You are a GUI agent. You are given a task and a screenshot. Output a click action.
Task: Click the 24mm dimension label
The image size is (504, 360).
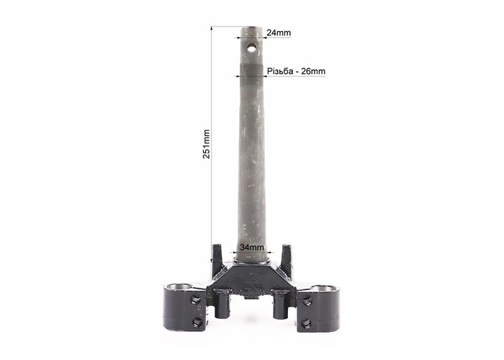tap(279, 33)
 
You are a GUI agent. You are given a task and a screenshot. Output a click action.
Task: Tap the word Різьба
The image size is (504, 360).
tap(280, 71)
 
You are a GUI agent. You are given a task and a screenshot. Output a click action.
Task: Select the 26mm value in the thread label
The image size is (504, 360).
tap(313, 71)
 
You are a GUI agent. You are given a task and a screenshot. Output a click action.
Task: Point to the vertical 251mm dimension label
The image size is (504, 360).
tap(207, 144)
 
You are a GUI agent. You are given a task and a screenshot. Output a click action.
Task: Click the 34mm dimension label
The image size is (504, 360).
tap(252, 247)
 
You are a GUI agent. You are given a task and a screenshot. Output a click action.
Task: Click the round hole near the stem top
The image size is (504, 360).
tap(252, 48)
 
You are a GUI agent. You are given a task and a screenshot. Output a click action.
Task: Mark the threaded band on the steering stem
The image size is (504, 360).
tap(252, 70)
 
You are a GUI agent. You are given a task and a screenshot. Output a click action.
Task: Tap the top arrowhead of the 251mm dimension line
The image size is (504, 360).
tap(212, 28)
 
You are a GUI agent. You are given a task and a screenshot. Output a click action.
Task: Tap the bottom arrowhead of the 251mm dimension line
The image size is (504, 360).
tap(212, 260)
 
